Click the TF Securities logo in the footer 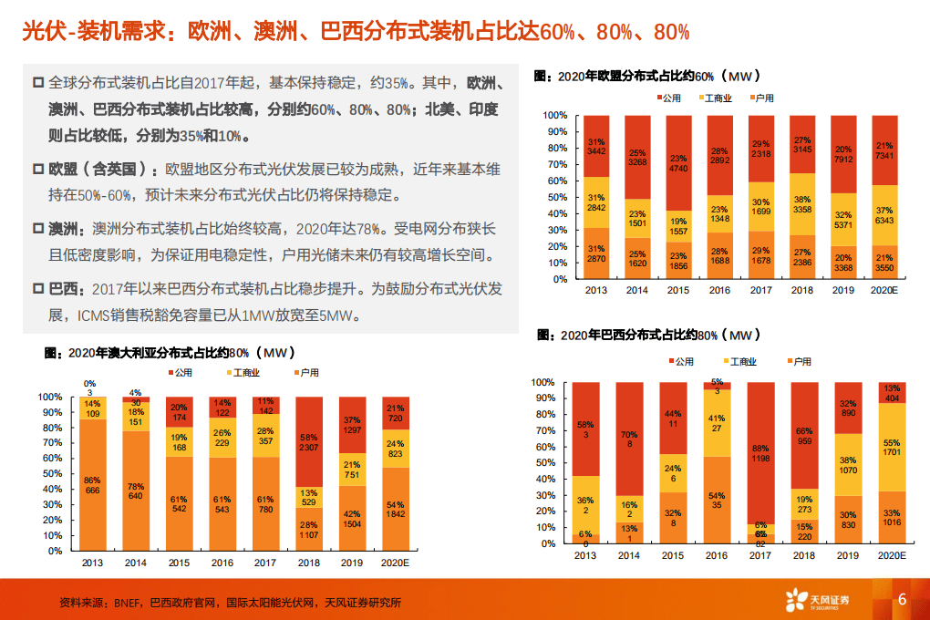(x=817, y=600)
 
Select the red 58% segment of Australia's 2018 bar (x=309, y=442)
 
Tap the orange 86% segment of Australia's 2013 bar (x=92, y=485)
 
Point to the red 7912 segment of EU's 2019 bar (x=844, y=154)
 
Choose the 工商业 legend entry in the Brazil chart (x=739, y=362)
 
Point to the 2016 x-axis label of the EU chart (x=720, y=290)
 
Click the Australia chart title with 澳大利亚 (x=173, y=352)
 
